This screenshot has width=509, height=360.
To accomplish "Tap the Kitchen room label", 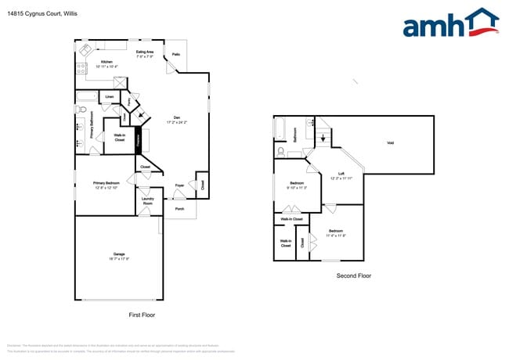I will (x=106, y=62).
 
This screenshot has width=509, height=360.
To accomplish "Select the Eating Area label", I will (x=144, y=52).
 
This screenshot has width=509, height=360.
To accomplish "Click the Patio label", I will (x=176, y=55).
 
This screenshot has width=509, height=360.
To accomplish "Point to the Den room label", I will (x=177, y=117).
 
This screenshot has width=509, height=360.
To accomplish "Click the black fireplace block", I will (x=139, y=141).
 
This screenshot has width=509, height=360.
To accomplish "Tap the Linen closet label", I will (x=109, y=97).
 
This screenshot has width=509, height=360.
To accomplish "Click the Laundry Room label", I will (x=147, y=200).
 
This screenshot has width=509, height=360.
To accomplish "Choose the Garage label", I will (x=119, y=255).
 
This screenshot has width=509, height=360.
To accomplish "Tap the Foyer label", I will (x=179, y=185).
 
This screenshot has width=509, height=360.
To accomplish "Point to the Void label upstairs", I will (x=390, y=142).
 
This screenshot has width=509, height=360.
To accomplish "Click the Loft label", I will (x=341, y=174).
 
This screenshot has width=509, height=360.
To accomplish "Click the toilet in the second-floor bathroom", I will (x=280, y=151).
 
